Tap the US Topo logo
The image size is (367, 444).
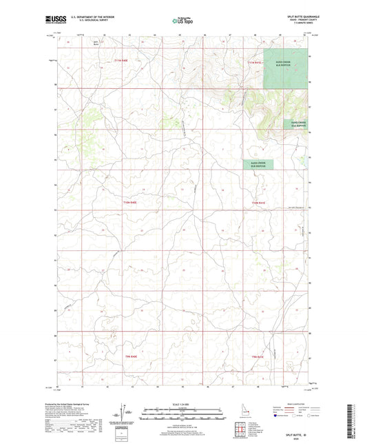182,21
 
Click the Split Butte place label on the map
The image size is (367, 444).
86,44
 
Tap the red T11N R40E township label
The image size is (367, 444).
121,62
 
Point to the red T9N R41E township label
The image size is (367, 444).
258,356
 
